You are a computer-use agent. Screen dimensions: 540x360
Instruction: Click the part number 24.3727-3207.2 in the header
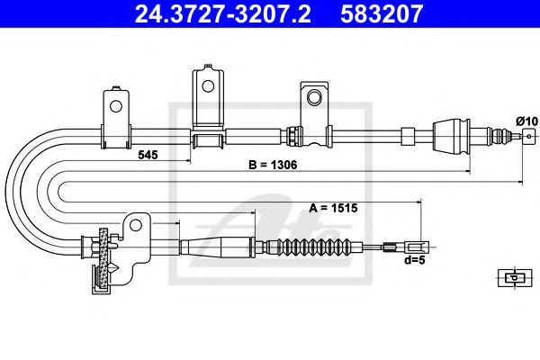pyautogui.click(x=222, y=13)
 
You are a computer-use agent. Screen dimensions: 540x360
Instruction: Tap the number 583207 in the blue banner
pyautogui.click(x=382, y=13)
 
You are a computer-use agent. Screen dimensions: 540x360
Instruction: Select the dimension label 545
pyautogui.click(x=148, y=155)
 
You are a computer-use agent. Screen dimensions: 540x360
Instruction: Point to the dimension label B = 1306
pyautogui.click(x=273, y=165)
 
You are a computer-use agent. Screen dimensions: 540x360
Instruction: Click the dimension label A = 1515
pyautogui.click(x=333, y=208)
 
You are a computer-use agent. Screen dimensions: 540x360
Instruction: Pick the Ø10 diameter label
pyautogui.click(x=526, y=121)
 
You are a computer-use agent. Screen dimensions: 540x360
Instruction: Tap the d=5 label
pyautogui.click(x=415, y=260)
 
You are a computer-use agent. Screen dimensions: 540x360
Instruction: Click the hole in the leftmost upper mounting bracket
pyautogui.click(x=116, y=106)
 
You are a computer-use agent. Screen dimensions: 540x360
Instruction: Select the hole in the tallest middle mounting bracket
pyautogui.click(x=208, y=86)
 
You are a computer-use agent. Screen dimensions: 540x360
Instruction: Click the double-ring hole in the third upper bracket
pyautogui.click(x=314, y=97)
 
